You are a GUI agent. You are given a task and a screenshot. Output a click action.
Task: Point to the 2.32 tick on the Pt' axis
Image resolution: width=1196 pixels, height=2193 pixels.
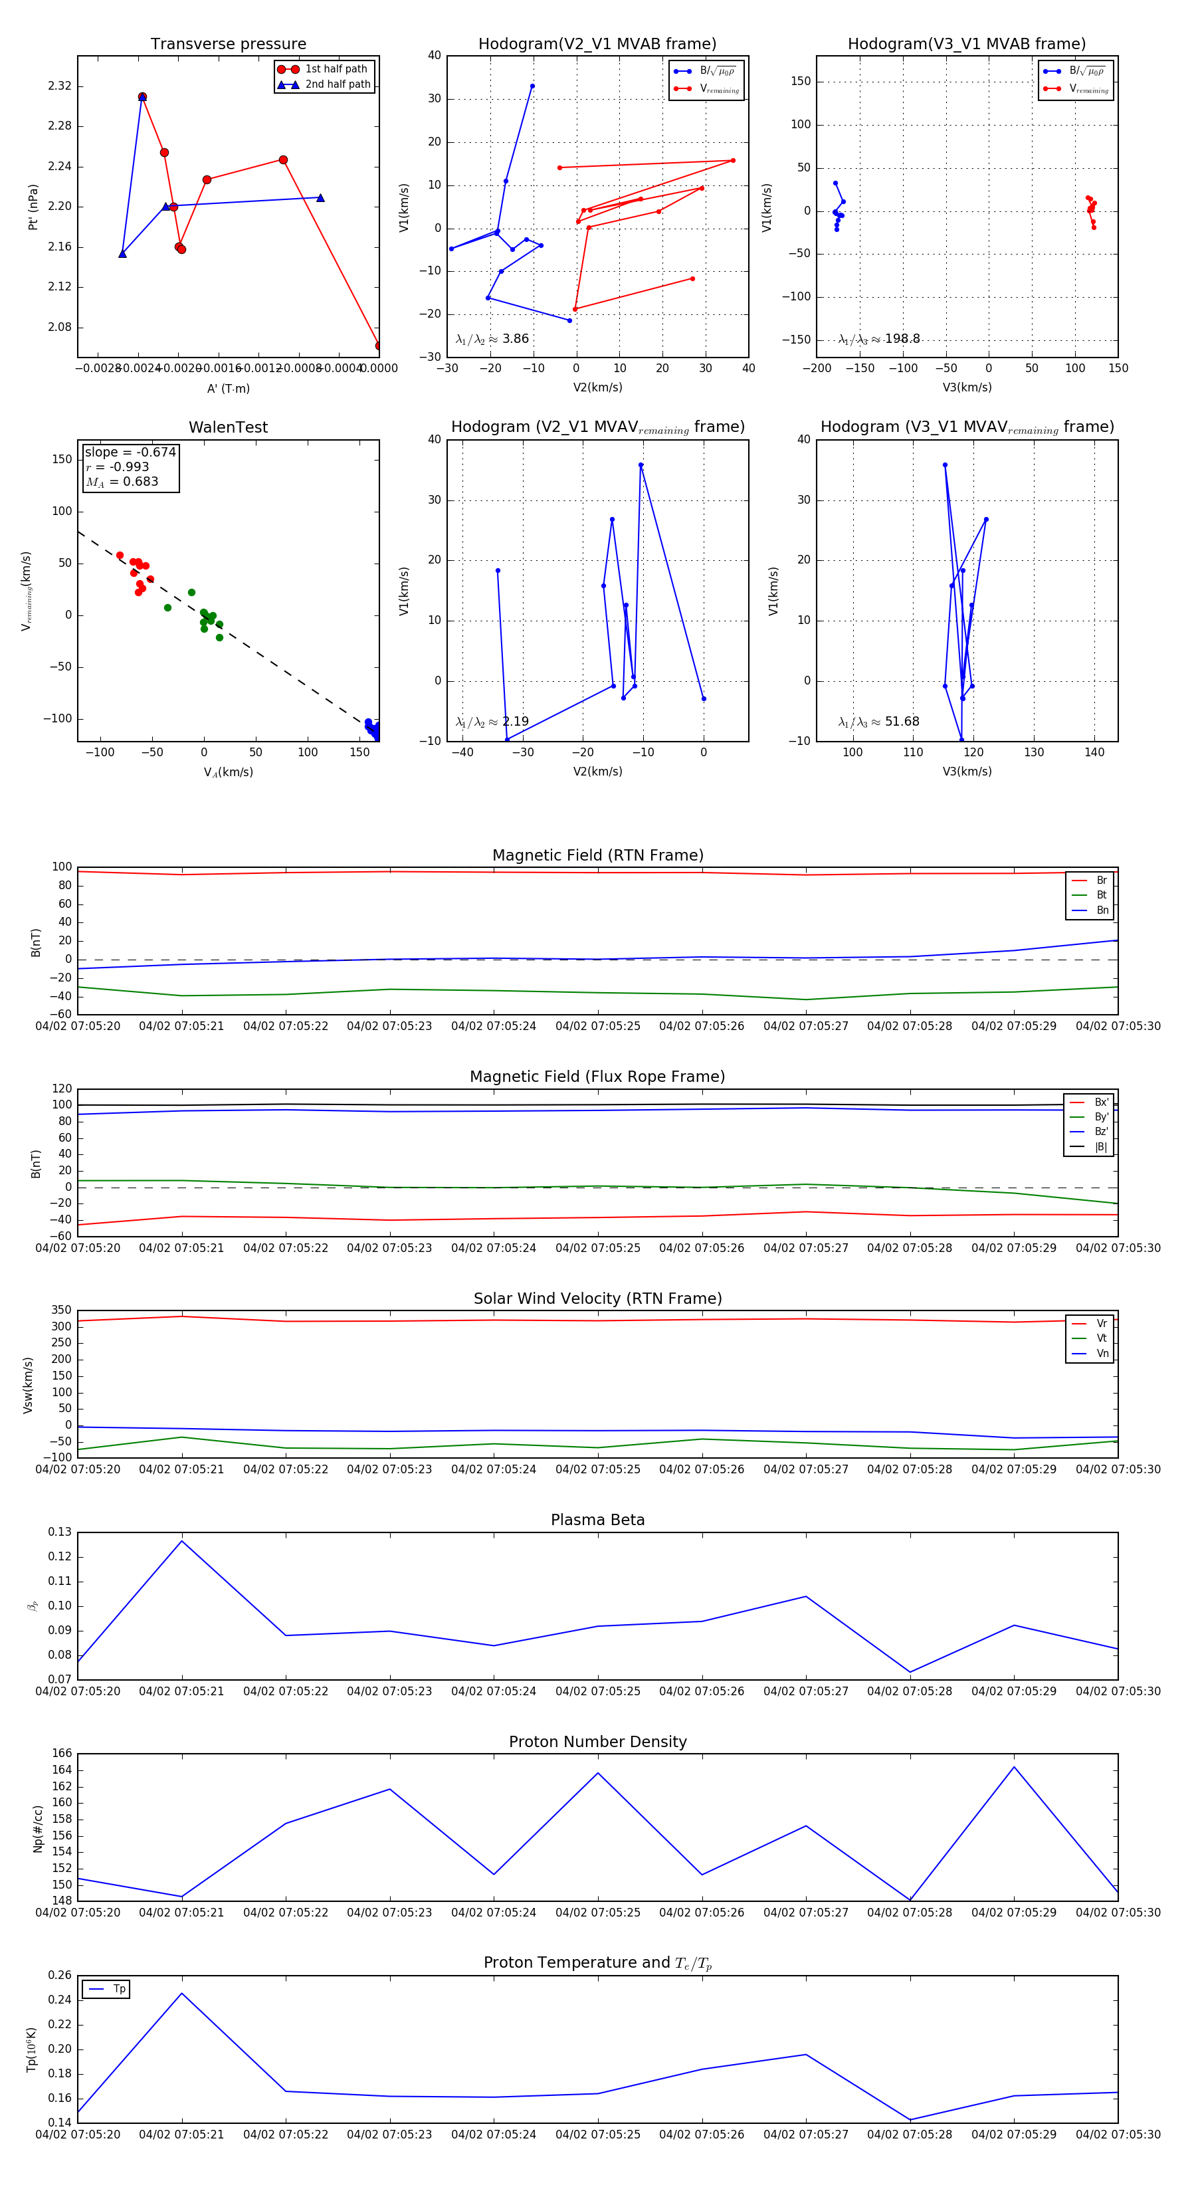60,86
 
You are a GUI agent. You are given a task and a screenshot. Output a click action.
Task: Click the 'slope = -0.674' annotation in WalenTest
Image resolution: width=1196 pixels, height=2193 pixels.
130,452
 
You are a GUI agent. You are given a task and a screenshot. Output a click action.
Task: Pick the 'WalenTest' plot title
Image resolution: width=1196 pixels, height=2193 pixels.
228,427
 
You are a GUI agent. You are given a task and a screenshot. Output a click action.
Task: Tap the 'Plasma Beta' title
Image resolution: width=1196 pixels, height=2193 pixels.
597,1520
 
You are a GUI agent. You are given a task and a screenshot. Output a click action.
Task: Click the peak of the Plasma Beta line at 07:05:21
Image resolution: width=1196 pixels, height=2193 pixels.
181,1541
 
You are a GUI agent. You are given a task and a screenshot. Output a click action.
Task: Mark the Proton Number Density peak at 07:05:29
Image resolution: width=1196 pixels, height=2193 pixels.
1014,1767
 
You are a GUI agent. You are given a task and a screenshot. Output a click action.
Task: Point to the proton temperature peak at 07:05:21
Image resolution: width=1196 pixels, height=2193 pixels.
181,1993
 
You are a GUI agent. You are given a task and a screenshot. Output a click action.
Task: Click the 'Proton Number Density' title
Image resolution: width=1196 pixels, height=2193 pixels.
597,1742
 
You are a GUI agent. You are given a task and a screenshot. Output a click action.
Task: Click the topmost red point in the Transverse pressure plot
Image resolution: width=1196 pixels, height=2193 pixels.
142,97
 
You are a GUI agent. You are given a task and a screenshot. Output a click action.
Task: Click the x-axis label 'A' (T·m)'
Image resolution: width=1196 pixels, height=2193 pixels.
228,388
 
